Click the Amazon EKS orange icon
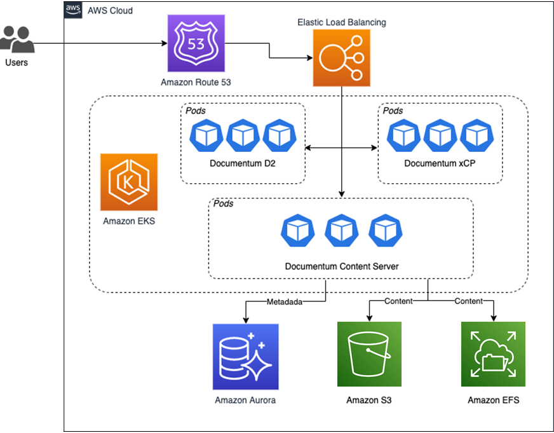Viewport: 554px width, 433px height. pos(128,182)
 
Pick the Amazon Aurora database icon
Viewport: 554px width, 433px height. pos(245,356)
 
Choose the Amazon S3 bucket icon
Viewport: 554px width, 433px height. pos(369,354)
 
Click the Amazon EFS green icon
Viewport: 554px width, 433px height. pos(493,354)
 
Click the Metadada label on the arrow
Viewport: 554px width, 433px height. pos(284,301)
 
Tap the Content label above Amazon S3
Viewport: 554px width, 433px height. pos(398,301)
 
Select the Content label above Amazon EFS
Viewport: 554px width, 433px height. pos(468,301)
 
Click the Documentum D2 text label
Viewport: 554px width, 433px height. pos(242,164)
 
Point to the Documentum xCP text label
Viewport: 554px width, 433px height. pos(440,164)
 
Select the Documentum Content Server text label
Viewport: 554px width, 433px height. pos(341,266)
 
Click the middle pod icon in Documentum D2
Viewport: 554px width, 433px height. pos(243,134)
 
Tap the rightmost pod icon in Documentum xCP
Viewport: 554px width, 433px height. pos(476,134)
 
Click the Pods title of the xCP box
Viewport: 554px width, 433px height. pos(393,111)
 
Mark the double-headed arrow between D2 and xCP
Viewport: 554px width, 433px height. pos(341,148)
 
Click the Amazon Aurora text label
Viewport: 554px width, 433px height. pos(245,401)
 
